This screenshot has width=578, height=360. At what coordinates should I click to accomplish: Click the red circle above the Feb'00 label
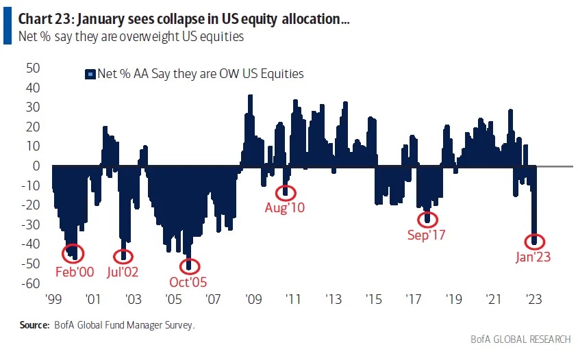click(x=72, y=253)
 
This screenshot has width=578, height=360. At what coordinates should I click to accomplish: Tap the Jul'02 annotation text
click(x=123, y=271)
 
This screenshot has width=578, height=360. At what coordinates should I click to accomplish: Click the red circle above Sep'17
click(x=429, y=218)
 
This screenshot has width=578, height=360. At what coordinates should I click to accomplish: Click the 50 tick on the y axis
click(x=32, y=68)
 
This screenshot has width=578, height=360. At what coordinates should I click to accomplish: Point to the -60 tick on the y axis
click(x=31, y=283)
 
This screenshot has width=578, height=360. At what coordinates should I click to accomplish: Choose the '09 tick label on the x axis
click(x=253, y=299)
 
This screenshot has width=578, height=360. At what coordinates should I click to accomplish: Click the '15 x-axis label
click(x=373, y=299)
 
